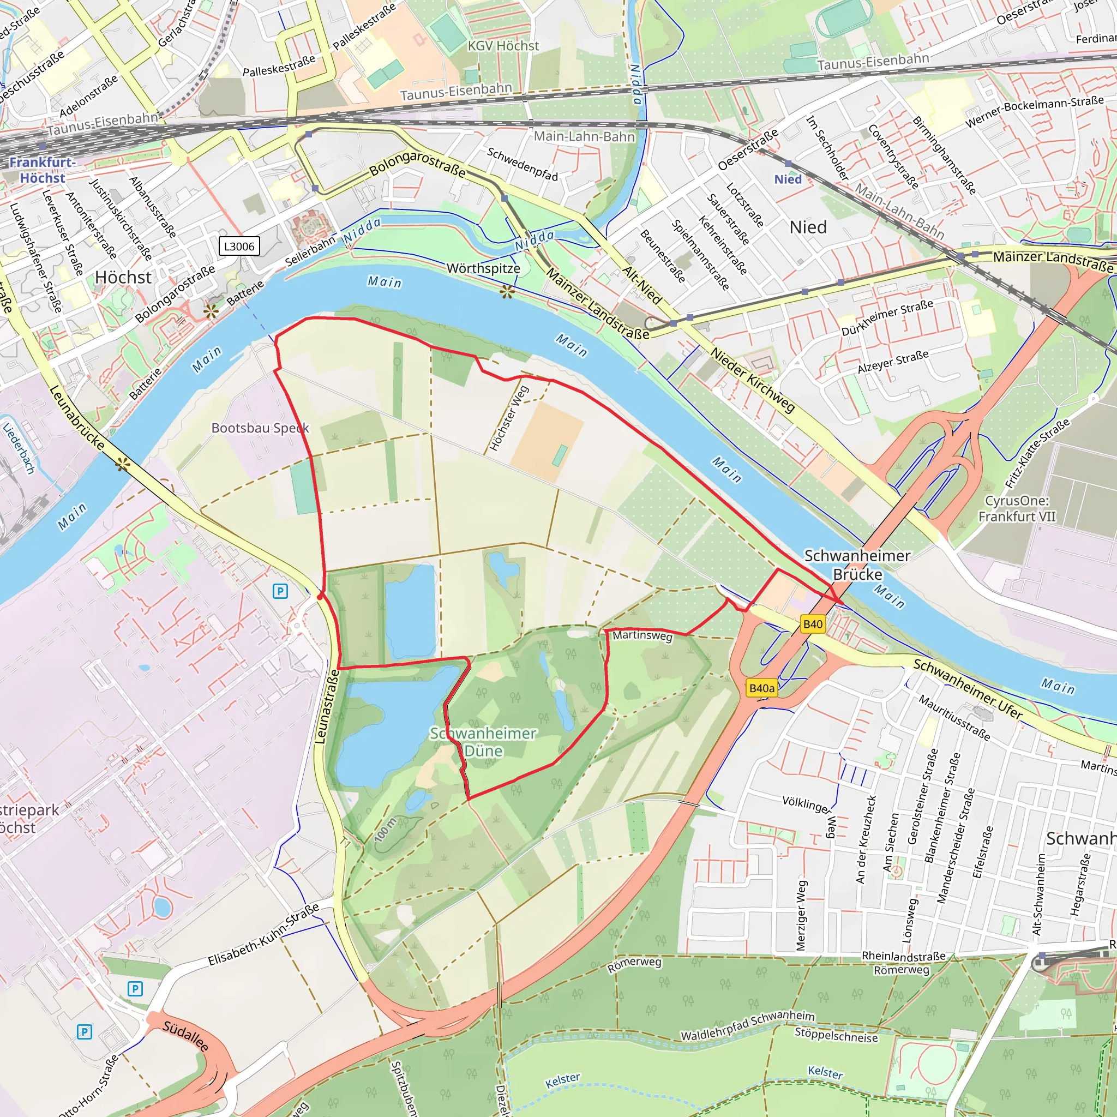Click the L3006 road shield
pos(239,247)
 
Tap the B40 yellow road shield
pos(812,624)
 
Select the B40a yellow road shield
pos(761,688)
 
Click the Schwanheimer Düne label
pos(483,742)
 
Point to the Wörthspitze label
pos(483,268)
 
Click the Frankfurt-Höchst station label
pos(42,170)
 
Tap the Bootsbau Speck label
pos(260,428)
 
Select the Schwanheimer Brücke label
pos(857,565)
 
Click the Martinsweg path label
pos(642,635)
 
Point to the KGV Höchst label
pos(503,46)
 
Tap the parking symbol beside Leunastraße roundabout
pos(280,591)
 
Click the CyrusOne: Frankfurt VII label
pos(1017,508)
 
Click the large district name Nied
pos(808,227)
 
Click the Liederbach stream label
pos(19,449)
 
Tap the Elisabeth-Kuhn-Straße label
pos(263,935)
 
